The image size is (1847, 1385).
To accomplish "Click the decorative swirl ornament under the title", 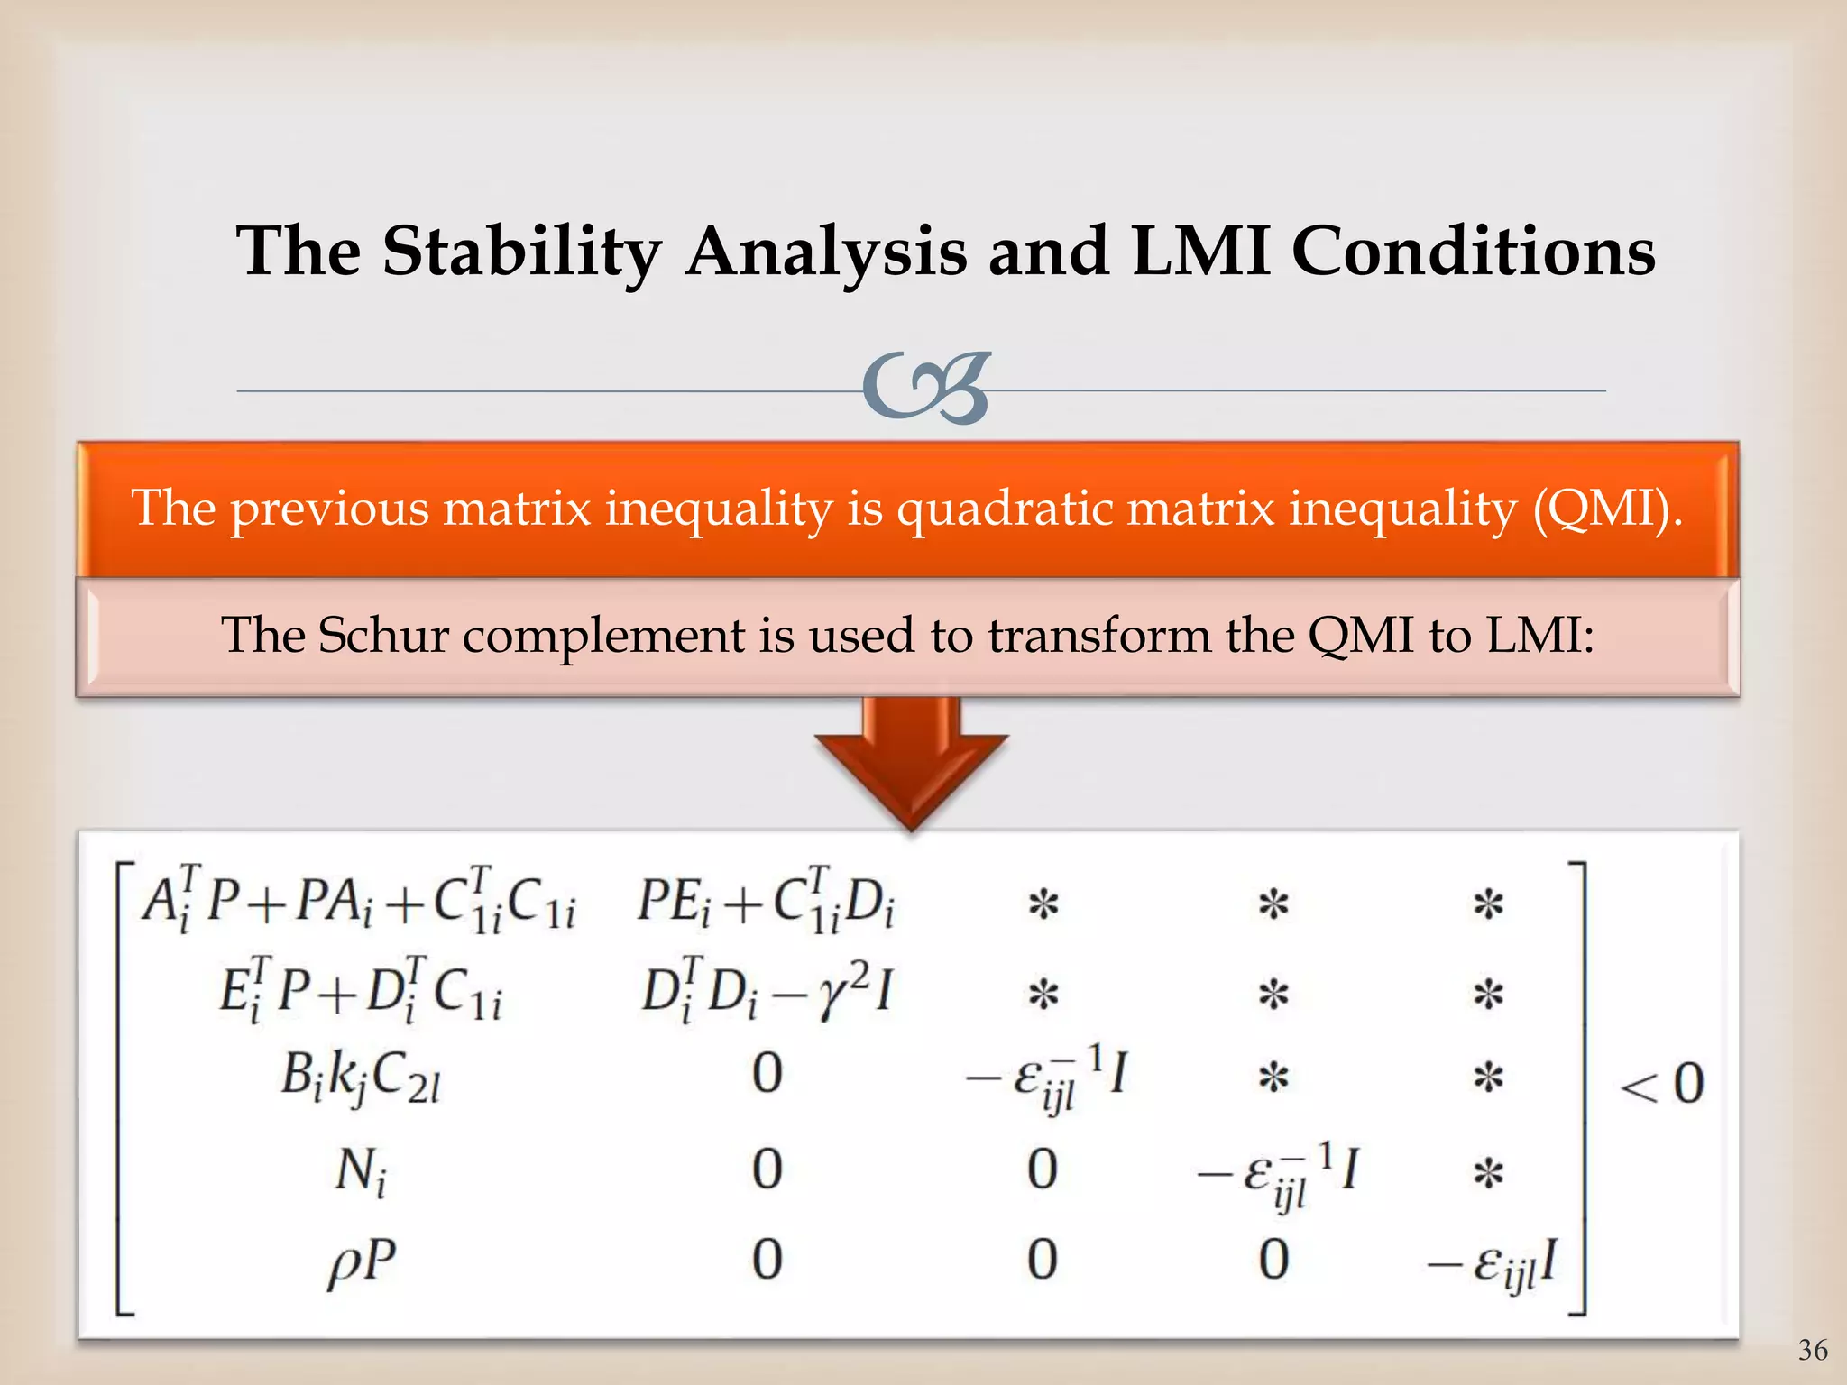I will click(926, 389).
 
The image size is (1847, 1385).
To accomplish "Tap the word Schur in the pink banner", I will click(383, 635).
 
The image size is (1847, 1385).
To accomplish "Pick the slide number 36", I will click(1813, 1350).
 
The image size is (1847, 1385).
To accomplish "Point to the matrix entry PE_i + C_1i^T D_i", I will click(767, 902).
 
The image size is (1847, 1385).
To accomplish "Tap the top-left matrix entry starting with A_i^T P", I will click(359, 902).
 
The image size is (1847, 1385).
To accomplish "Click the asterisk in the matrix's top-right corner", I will click(1488, 903).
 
